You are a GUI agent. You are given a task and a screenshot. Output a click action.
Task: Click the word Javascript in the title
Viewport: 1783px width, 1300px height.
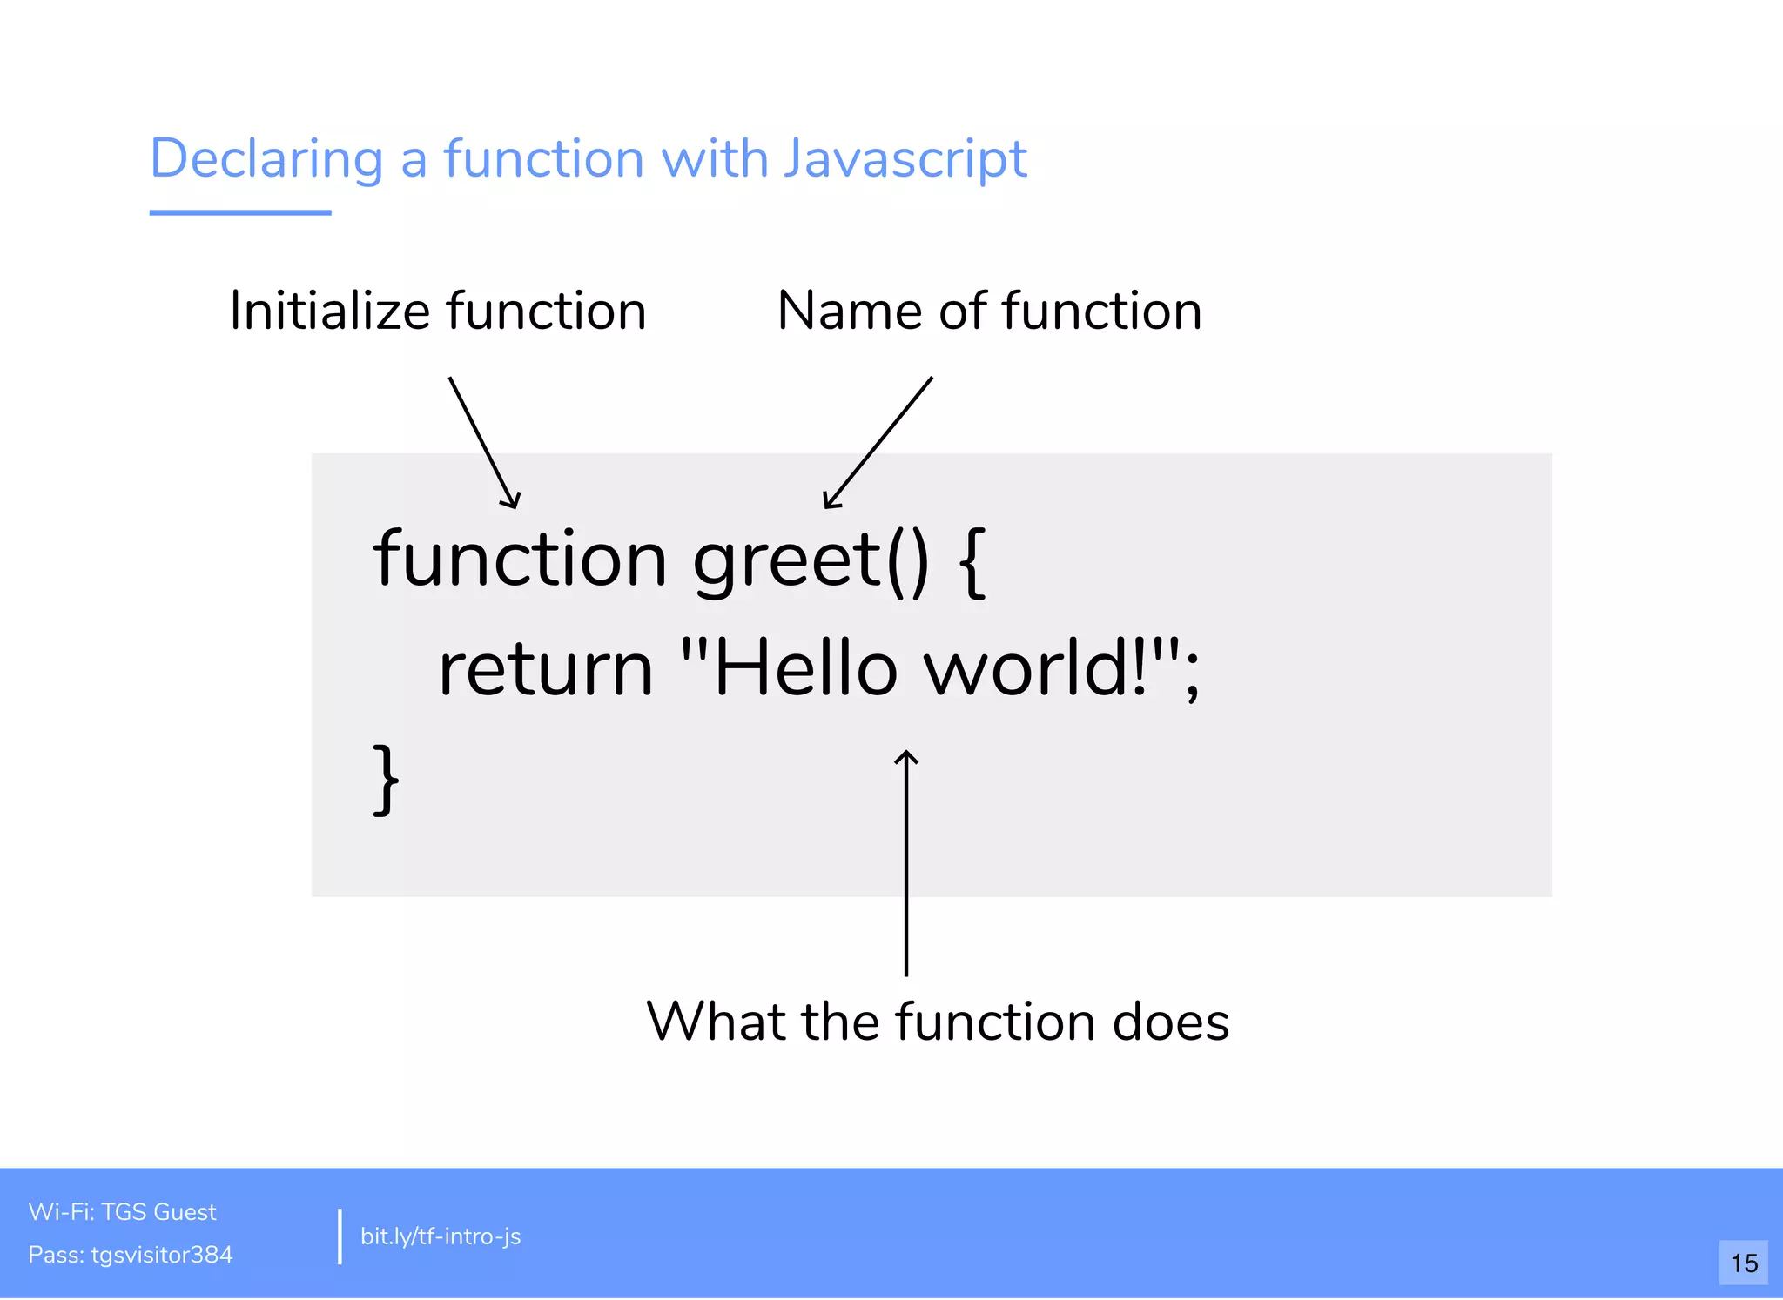coord(905,160)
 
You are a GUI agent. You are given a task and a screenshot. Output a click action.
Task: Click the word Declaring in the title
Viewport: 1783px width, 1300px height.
coord(266,160)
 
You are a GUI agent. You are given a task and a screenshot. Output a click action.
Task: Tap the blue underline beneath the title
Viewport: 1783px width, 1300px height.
coord(240,212)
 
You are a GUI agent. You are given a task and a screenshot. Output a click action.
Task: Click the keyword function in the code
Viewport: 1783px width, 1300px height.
coord(520,560)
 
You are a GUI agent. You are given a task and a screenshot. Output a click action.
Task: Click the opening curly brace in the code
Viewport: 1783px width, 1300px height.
coord(972,562)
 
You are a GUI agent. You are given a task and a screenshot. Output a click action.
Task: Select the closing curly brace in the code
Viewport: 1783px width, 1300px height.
coord(386,779)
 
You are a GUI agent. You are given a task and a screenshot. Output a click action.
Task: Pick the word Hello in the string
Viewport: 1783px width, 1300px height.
coord(805,668)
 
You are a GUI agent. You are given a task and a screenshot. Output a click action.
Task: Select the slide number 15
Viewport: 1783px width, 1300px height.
coord(1744,1263)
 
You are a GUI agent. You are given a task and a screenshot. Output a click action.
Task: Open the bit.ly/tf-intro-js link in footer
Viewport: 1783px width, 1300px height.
coord(441,1236)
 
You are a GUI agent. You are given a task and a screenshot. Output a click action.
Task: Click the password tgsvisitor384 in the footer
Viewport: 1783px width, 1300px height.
coord(162,1255)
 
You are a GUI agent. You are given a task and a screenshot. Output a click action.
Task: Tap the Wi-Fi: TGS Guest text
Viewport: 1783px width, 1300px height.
coord(122,1212)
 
